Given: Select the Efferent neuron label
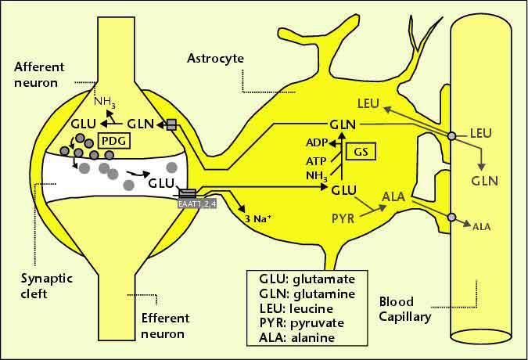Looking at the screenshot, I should pos(164,326).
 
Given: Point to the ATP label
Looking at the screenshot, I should pos(317,160).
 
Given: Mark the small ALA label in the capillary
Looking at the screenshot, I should pos(483,226).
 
